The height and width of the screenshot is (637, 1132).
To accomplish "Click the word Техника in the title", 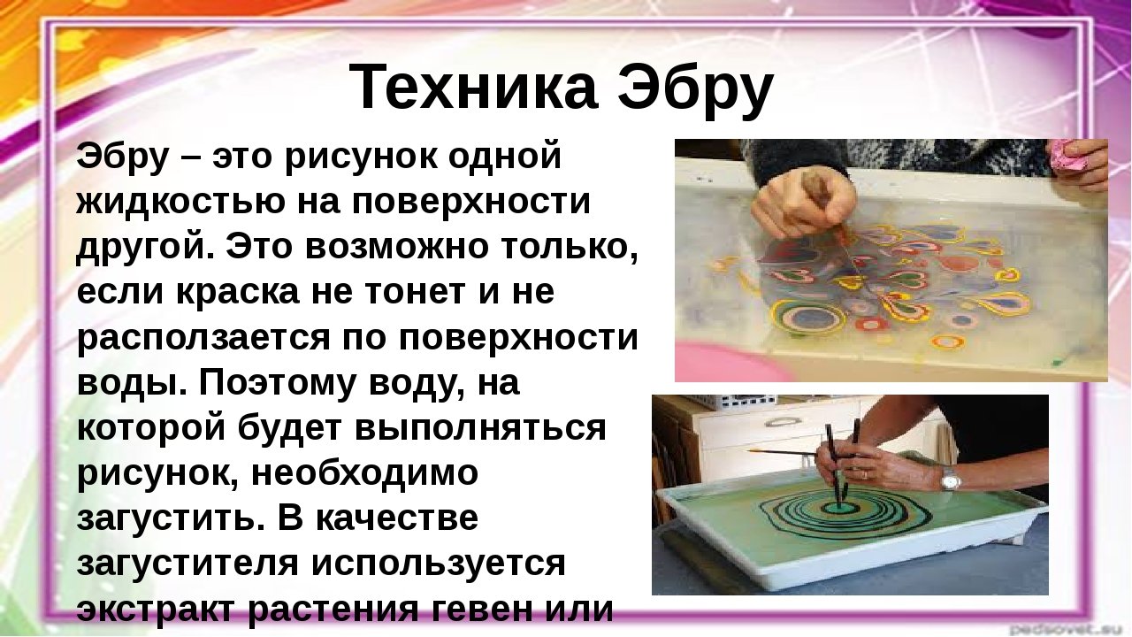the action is pos(473,88).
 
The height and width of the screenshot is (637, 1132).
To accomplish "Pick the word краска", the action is pos(238,292).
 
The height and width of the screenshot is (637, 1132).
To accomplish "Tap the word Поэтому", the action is pos(274,384).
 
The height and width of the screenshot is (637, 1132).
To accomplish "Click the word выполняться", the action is pos(479,429).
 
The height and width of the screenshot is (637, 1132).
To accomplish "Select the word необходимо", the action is pos(363,473).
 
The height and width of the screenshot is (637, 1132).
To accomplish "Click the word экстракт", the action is pos(157,610).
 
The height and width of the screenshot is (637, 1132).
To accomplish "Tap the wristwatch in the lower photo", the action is pos(951,480).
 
